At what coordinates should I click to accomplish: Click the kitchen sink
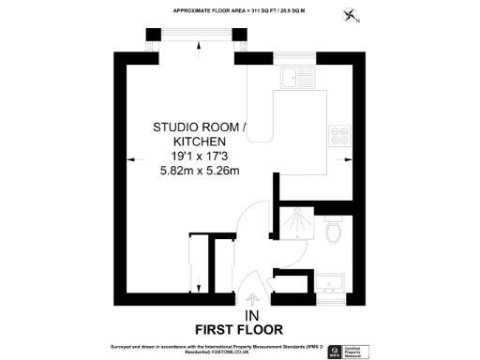(x=303, y=76)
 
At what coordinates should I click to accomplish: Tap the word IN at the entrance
(x=251, y=315)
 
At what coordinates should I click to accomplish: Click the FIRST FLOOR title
(x=238, y=329)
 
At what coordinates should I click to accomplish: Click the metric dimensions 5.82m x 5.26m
(x=200, y=171)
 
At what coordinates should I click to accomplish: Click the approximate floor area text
(x=240, y=9)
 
